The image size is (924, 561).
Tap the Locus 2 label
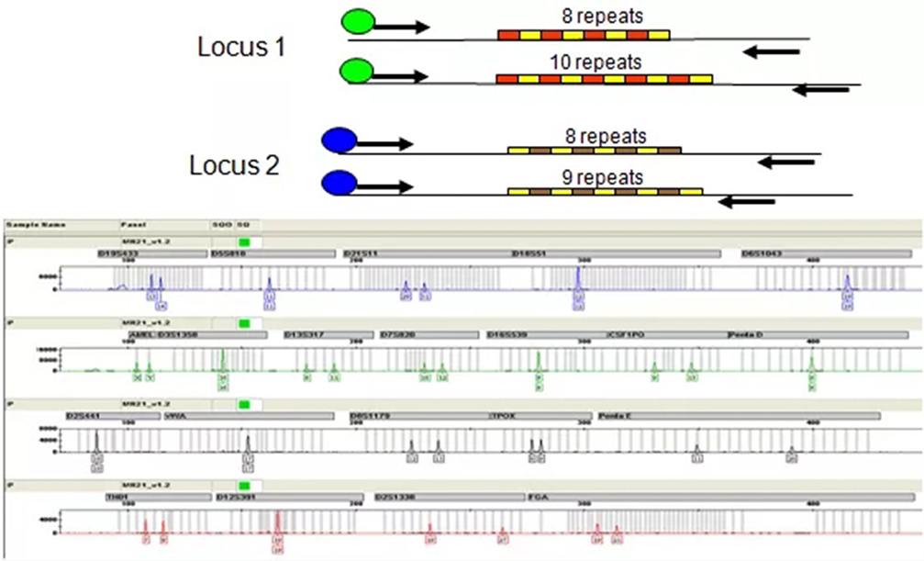pos(234,166)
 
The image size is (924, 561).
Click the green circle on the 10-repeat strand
pos(356,70)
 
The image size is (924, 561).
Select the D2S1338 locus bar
pos(450,497)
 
